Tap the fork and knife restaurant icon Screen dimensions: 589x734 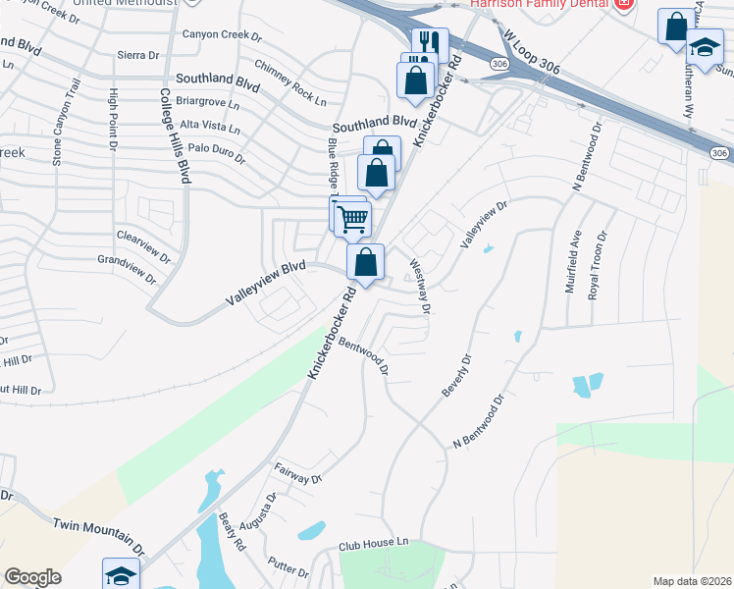430,43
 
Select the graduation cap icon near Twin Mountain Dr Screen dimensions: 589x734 121,575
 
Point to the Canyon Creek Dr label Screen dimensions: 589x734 223,35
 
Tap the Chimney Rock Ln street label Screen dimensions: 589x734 289,81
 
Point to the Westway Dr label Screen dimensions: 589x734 420,286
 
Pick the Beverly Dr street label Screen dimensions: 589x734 457,374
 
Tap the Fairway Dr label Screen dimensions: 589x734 298,475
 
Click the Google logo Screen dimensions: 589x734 33,577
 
